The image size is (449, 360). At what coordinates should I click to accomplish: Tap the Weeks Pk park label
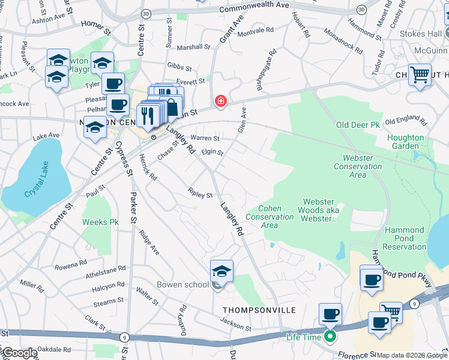coord(100,223)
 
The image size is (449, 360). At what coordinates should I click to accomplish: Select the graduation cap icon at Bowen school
coord(221,271)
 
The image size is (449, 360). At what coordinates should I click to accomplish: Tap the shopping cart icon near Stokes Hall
coord(420,75)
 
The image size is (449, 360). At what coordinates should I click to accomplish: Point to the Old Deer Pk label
coord(358,125)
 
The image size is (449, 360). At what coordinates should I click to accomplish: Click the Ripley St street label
coord(200,195)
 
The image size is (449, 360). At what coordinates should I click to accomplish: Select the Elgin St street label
coord(212,153)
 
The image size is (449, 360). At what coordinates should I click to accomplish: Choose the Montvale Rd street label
coord(256,29)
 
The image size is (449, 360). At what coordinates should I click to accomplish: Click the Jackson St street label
coord(235,328)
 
